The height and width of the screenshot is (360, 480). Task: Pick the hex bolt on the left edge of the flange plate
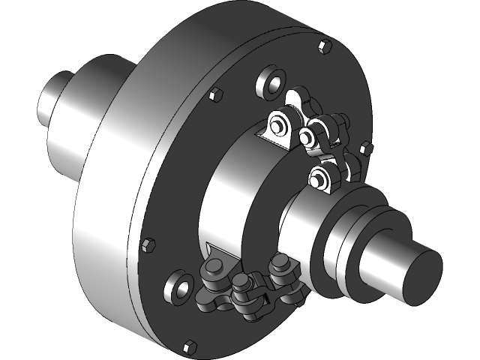click(x=147, y=244)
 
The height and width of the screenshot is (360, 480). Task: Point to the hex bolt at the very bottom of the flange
click(x=189, y=346)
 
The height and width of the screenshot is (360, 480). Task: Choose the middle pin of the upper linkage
click(x=307, y=136)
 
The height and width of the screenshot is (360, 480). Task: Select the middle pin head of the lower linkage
click(x=241, y=283)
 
